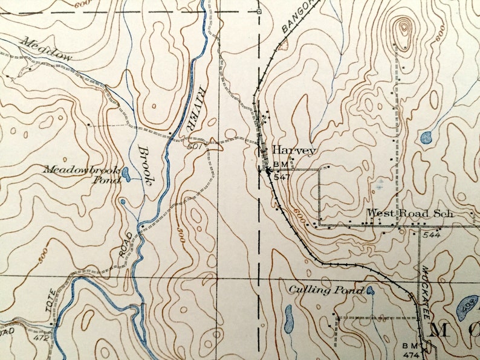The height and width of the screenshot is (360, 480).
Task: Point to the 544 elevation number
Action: (x=432, y=234)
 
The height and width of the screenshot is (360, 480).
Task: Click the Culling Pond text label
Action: (x=326, y=291)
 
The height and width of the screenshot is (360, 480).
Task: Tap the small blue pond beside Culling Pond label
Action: (x=370, y=291)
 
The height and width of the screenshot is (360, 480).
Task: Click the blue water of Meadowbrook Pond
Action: (x=126, y=175)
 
